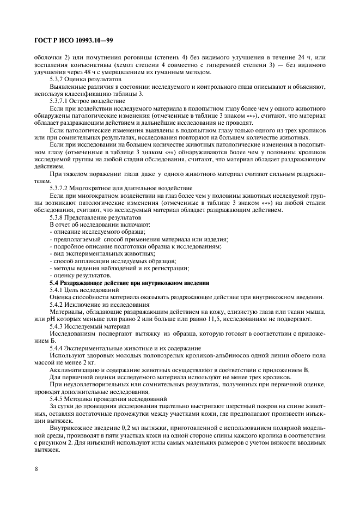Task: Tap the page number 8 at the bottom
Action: (36, 469)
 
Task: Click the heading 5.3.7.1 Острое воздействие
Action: (80, 101)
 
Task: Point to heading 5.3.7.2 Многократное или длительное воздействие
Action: (104, 202)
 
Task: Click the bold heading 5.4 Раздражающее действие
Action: (129, 282)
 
